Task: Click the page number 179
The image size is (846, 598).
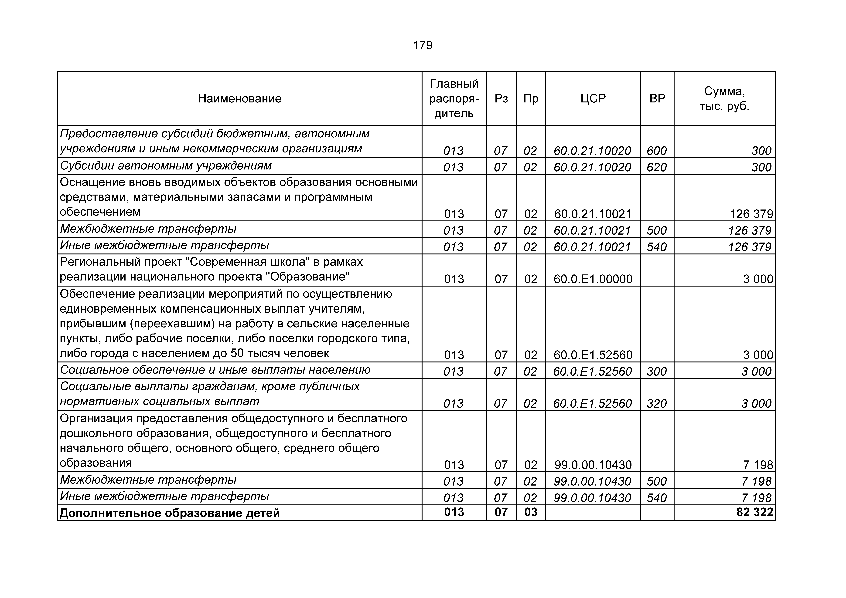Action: coord(423,45)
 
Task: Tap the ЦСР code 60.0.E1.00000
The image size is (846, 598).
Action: coord(593,279)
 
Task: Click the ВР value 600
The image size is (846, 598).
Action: coord(657,151)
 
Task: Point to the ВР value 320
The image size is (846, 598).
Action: coord(657,403)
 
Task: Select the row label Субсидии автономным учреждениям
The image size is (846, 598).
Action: coord(166,166)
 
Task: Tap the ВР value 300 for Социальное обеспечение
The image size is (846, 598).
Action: coord(657,371)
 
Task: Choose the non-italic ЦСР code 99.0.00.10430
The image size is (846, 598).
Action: coord(593,465)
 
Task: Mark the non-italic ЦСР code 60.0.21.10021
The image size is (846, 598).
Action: coord(593,214)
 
